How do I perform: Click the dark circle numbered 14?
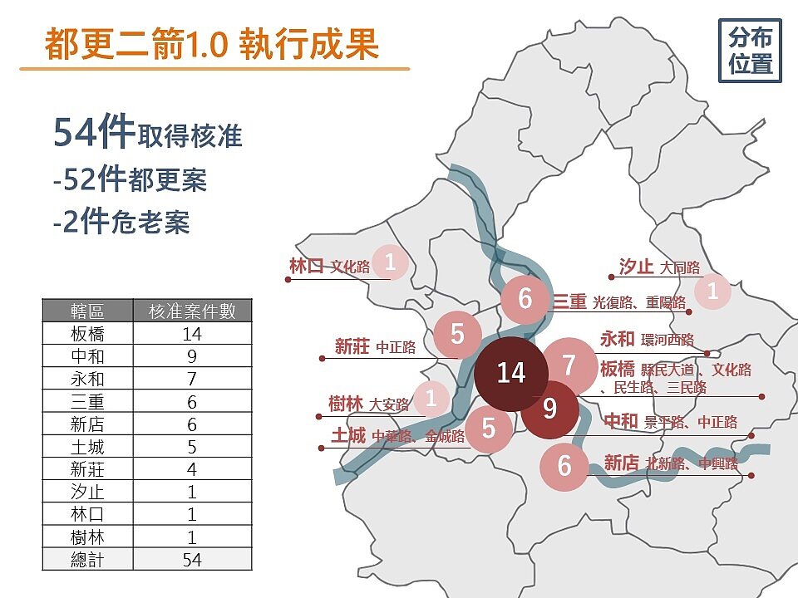[511, 373]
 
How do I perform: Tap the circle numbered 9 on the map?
[549, 409]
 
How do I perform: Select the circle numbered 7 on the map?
[569, 365]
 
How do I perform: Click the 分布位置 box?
[750, 51]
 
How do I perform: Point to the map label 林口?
[306, 266]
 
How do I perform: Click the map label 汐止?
[636, 267]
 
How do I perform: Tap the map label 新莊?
[352, 347]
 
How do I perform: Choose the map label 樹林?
[346, 404]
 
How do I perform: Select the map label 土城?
[348, 436]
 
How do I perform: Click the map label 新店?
[621, 463]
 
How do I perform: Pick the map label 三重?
[570, 302]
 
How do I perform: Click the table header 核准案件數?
[192, 311]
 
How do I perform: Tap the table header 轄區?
[87, 311]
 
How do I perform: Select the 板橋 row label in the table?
[87, 334]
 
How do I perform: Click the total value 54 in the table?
[192, 560]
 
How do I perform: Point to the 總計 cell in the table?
[87, 560]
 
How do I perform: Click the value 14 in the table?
[192, 334]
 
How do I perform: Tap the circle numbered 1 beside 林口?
[390, 262]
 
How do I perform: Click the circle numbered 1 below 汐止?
[712, 292]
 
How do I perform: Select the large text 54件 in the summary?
[94, 132]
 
